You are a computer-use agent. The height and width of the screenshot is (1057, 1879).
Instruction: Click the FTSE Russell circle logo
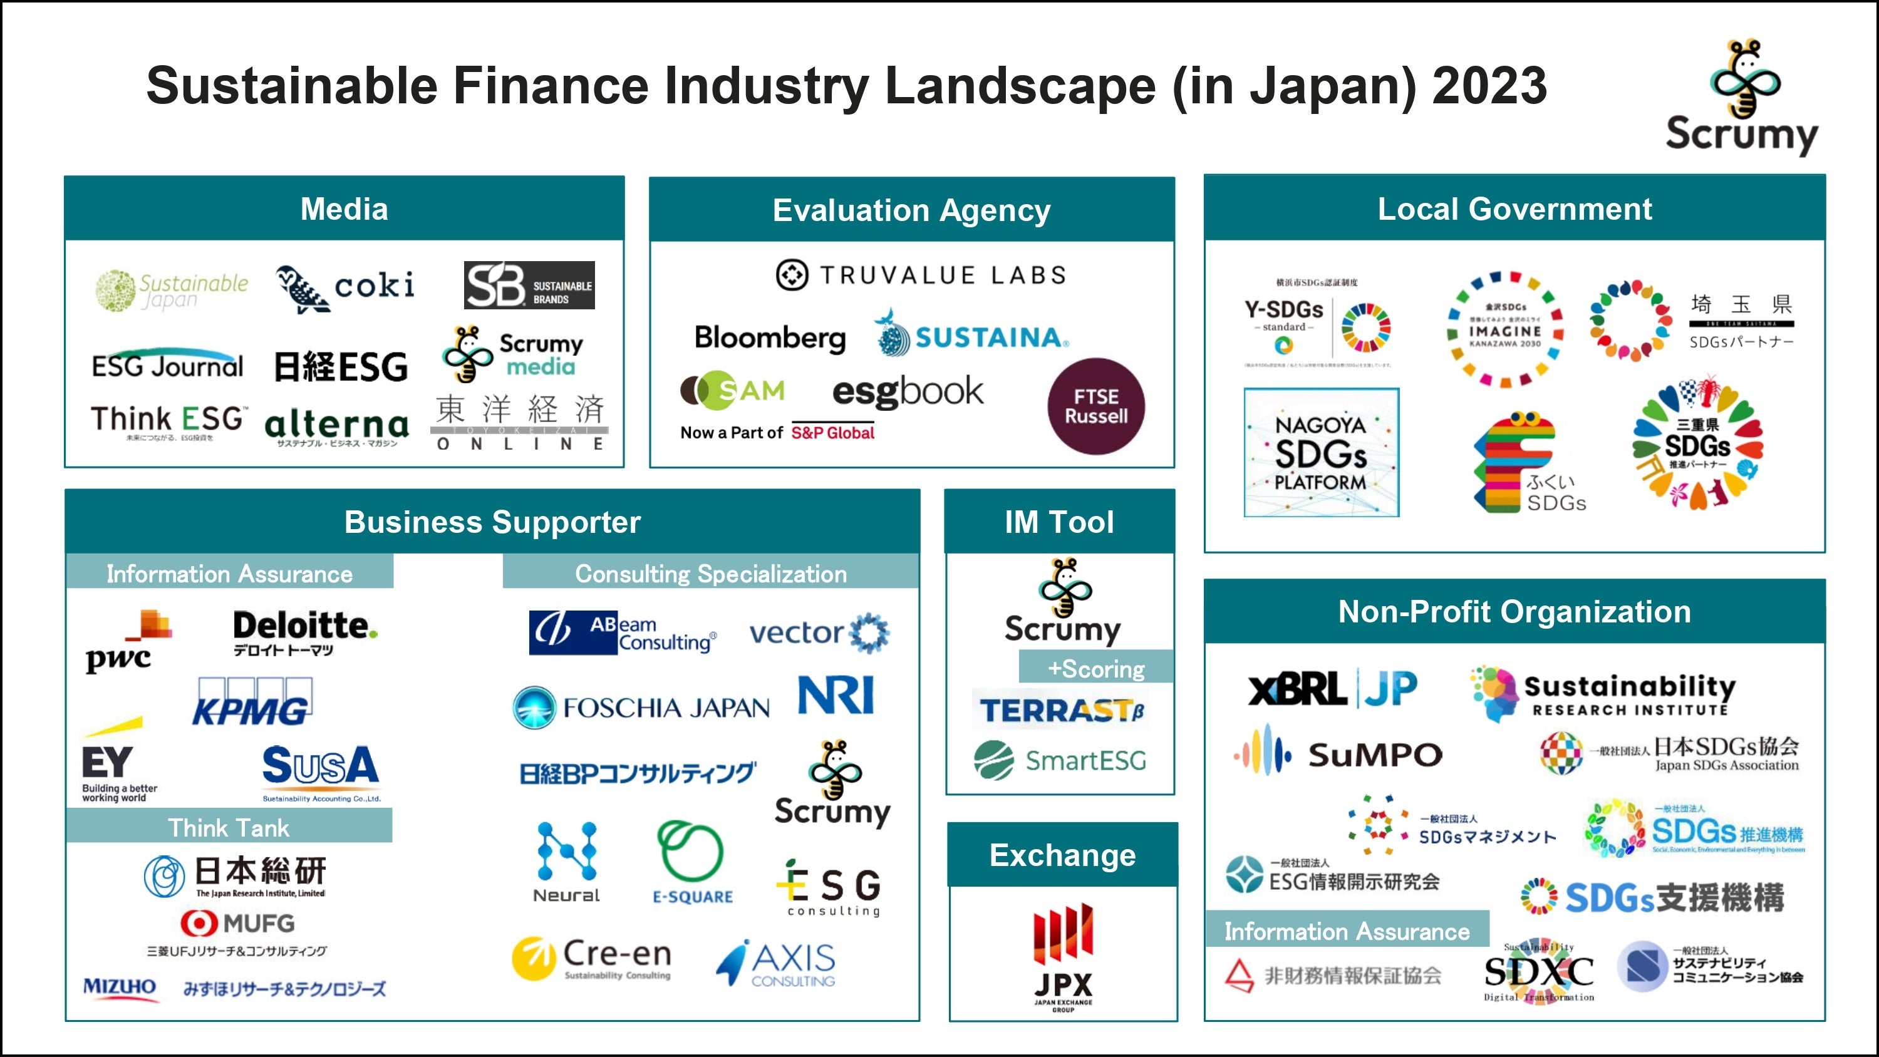click(x=1095, y=406)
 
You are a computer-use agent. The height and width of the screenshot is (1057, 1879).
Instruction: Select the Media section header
click(x=344, y=209)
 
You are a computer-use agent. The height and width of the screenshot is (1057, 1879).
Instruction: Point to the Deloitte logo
click(x=304, y=632)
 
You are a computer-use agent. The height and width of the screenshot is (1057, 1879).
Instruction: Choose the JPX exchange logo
click(x=1063, y=956)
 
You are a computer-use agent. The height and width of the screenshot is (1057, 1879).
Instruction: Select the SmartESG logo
click(x=1060, y=760)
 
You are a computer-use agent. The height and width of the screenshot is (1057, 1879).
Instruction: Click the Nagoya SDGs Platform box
click(x=1321, y=452)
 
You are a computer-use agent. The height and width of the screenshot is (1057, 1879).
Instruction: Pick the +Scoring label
click(x=1095, y=668)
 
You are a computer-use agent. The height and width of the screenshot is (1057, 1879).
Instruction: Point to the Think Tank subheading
click(x=229, y=828)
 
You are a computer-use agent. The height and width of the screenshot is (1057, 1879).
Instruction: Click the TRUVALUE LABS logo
click(x=921, y=275)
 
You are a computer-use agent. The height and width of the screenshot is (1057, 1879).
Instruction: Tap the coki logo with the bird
click(x=345, y=287)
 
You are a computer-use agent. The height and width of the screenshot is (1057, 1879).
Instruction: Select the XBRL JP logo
click(x=1333, y=689)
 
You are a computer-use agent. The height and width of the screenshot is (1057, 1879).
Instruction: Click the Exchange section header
click(x=1062, y=855)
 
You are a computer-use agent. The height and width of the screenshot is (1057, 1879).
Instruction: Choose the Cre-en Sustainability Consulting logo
click(x=591, y=958)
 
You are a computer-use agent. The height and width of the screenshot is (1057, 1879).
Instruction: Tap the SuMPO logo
click(x=1338, y=753)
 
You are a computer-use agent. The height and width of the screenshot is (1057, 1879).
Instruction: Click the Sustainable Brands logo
click(x=529, y=285)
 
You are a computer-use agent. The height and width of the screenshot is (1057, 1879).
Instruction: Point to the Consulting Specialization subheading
click(x=710, y=574)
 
